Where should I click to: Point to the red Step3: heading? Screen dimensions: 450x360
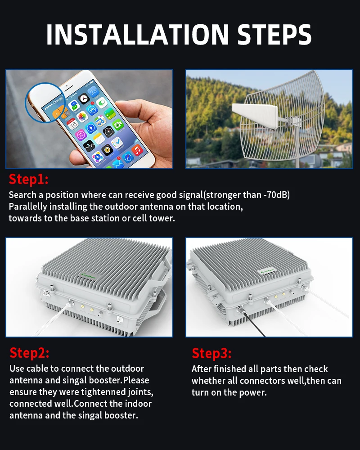[212, 353]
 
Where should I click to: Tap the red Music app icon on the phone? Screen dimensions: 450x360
[138, 150]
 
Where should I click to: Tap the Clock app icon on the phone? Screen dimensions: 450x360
[84, 99]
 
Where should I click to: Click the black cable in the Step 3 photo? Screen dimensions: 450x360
[252, 322]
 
